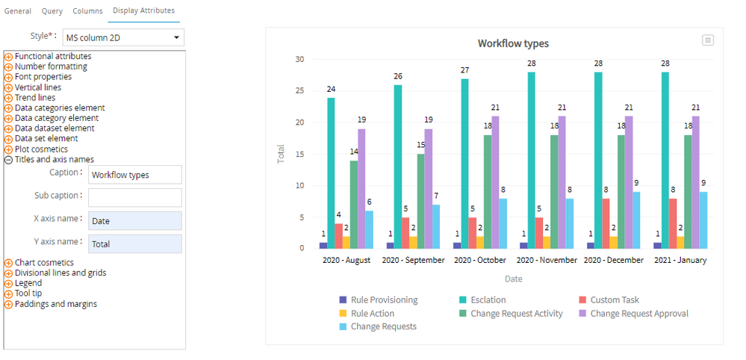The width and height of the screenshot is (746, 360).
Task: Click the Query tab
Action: [x=52, y=11]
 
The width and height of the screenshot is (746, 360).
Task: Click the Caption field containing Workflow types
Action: [x=134, y=175]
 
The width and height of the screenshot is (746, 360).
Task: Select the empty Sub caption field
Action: [x=134, y=198]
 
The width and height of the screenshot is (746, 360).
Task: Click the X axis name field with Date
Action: [x=134, y=221]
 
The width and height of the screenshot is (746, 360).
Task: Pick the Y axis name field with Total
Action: [x=134, y=243]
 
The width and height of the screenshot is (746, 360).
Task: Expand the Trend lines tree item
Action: [x=8, y=98]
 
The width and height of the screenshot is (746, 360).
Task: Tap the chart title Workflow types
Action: [x=513, y=44]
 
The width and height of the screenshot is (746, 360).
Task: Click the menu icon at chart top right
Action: [x=708, y=40]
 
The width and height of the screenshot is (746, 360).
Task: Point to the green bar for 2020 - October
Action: [x=488, y=191]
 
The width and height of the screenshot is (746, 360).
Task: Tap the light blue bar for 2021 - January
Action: [x=703, y=220]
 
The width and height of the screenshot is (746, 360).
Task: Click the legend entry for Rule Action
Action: [x=372, y=314]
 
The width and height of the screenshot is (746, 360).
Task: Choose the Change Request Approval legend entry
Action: [x=639, y=314]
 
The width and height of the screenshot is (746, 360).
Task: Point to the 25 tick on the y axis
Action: [x=299, y=91]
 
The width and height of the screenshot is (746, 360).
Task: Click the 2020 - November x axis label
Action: [x=547, y=261]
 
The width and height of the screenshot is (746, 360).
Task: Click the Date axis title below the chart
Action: [x=513, y=279]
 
